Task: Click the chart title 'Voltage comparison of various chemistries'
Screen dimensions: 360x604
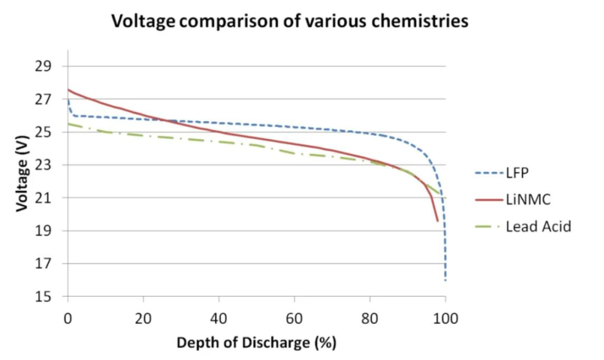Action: coord(289,22)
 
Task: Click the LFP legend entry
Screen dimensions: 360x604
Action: coord(516,174)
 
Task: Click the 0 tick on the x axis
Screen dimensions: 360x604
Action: coord(68,319)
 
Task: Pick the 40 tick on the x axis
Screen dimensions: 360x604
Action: coord(219,319)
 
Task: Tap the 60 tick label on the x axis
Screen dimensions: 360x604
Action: coord(295,319)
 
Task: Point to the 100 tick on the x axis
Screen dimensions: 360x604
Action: coord(445,319)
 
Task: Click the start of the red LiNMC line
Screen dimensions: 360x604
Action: coord(68,89)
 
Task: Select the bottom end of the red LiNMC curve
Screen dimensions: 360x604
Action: coord(438,221)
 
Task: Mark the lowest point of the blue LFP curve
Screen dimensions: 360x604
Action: coord(445,280)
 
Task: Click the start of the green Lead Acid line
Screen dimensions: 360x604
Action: coord(68,124)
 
